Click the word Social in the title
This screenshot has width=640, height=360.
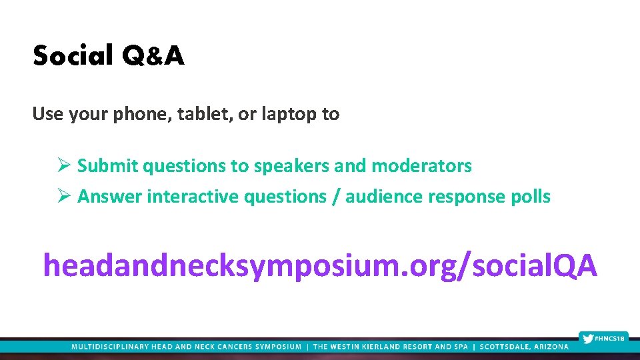[x=73, y=57]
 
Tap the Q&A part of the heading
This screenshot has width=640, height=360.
[x=153, y=57]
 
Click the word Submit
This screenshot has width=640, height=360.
[x=108, y=165]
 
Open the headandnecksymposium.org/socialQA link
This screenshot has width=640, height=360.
[x=320, y=266]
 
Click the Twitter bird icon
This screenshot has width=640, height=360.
[x=587, y=338]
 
